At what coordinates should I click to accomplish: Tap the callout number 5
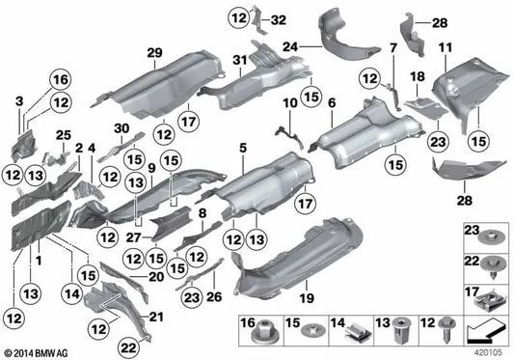coord(243,147)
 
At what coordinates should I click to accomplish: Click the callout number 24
coord(290,44)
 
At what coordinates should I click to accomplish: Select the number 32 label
coord(278,18)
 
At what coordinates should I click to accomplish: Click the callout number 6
coord(331,102)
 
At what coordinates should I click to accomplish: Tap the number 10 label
coord(289,102)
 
